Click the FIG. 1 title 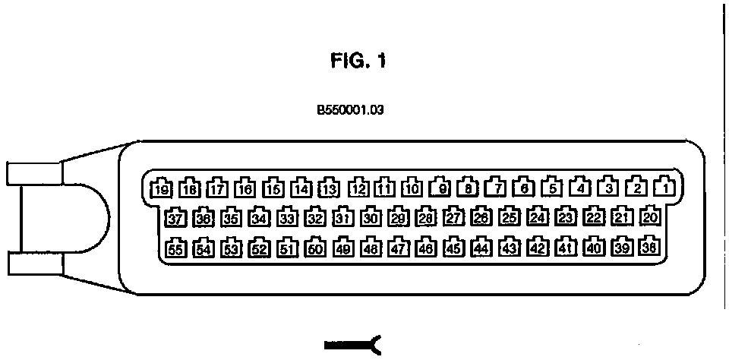[x=357, y=62]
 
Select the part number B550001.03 [x=351, y=109]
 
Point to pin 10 [x=412, y=188]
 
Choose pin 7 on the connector [x=496, y=187]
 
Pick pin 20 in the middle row [x=650, y=217]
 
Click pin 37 [x=176, y=219]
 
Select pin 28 [x=425, y=218]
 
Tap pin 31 [x=342, y=219]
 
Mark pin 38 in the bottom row [x=650, y=247]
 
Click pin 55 [x=176, y=248]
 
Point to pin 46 [x=426, y=248]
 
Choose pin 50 [x=315, y=248]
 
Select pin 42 [x=538, y=248]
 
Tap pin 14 [x=301, y=188]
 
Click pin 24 [x=538, y=218]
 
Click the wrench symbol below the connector [x=352, y=346]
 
